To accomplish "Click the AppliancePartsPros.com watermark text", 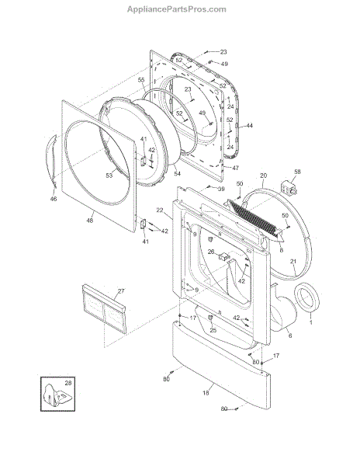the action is (x=177, y=9).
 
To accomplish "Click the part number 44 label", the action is (x=249, y=126).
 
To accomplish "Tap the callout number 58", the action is (x=297, y=172).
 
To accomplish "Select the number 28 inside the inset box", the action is (x=68, y=383).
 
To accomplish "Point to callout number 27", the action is (x=121, y=290).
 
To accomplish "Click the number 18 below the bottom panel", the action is (x=206, y=393).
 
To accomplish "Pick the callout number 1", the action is (x=311, y=322).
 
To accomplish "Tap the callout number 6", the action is (x=290, y=336).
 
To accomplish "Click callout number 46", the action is (x=53, y=199).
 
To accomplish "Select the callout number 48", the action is (x=89, y=221).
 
